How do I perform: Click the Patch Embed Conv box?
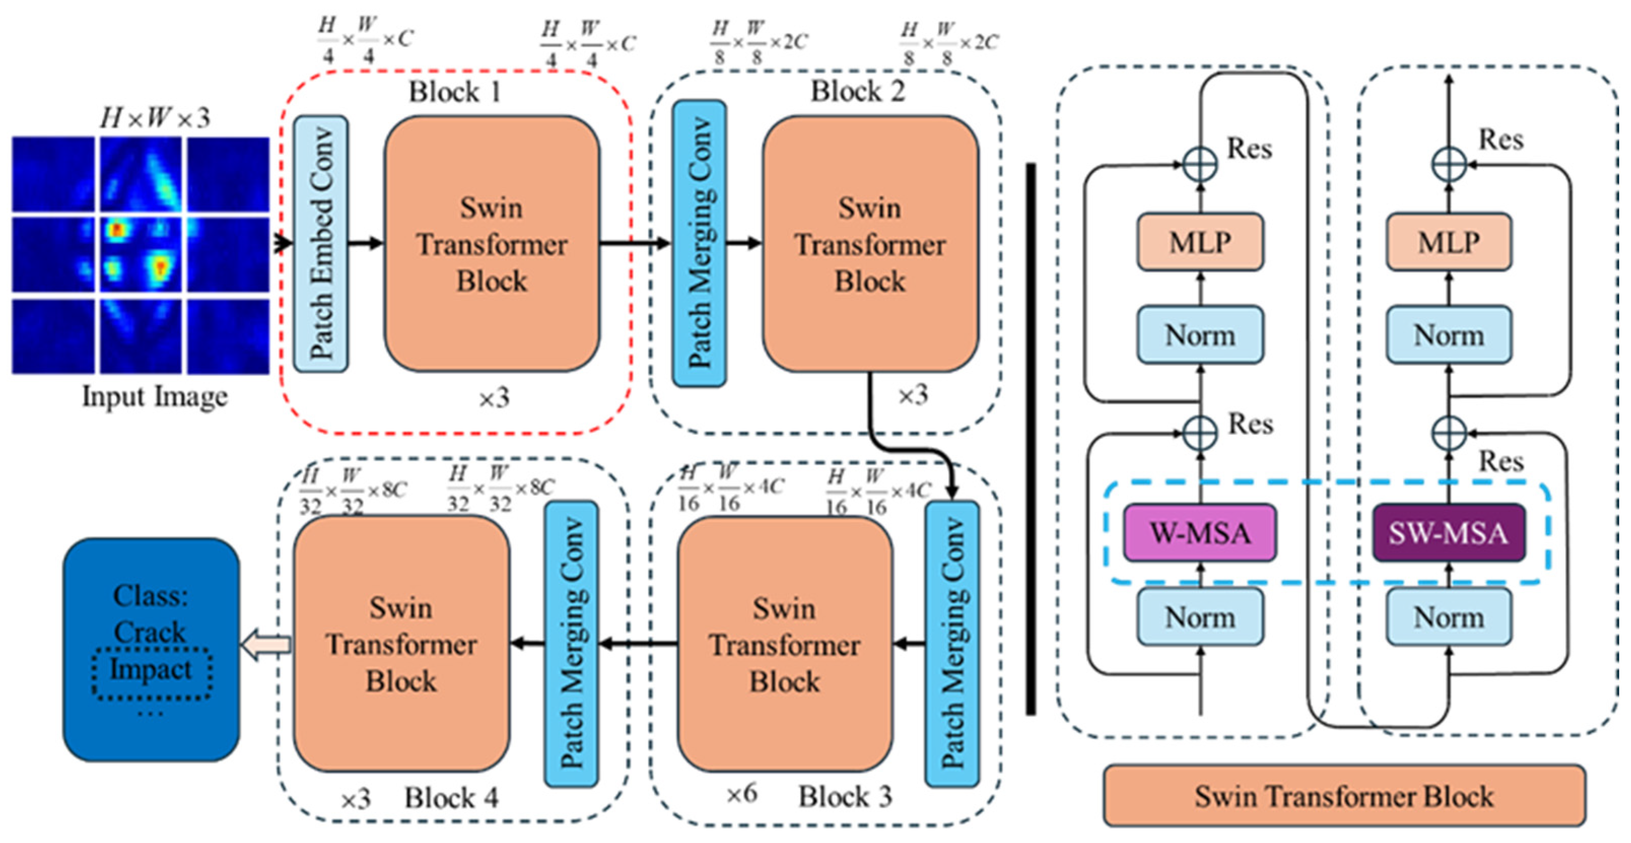(321, 243)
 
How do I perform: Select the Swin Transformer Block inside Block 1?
(492, 243)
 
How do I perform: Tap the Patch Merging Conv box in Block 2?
(699, 243)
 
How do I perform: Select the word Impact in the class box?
(151, 670)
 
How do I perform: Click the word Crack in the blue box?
(150, 632)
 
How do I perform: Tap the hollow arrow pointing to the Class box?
(266, 645)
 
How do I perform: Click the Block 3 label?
(845, 796)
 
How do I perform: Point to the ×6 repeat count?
(741, 794)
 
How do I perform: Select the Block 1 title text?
(455, 92)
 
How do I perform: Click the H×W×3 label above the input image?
(155, 118)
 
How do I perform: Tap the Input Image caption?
(155, 397)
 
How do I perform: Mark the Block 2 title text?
(858, 92)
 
